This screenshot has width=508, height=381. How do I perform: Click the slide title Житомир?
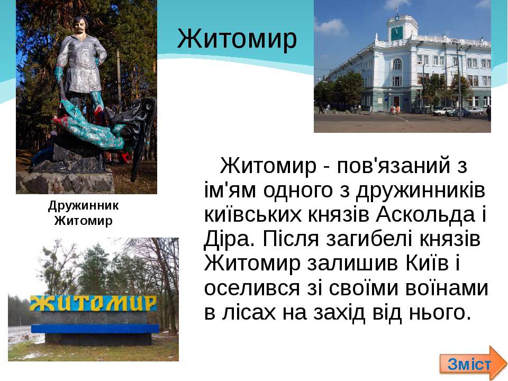pos(237,39)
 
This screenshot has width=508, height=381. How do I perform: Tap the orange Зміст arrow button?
pos(473,363)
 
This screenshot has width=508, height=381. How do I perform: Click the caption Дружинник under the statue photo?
pos(84,206)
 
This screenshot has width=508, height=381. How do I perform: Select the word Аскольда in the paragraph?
pos(425,214)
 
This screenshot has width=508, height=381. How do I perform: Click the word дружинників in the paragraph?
pos(420,190)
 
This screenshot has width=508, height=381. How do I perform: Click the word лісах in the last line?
pos(249,313)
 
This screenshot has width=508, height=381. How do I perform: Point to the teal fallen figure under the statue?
pos(89,126)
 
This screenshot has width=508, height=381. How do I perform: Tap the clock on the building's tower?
pos(396,33)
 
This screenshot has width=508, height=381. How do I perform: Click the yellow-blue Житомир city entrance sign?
pos(93,303)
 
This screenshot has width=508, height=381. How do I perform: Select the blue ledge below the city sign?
pos(95,329)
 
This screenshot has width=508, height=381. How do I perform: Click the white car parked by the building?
pos(442,111)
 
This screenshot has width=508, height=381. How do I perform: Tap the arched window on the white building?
pos(397,65)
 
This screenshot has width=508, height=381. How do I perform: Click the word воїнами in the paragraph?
pos(447,288)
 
